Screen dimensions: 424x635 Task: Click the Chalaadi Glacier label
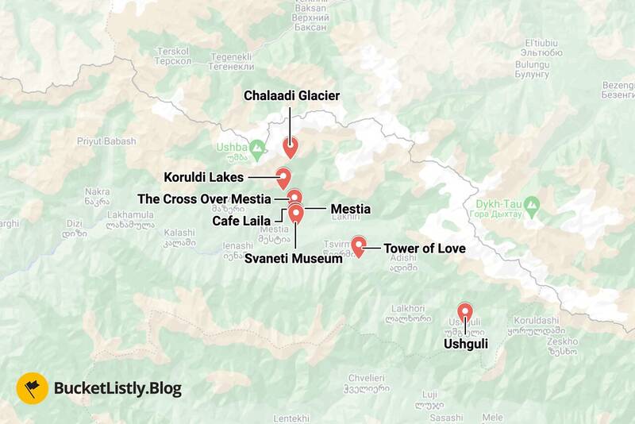[291, 96]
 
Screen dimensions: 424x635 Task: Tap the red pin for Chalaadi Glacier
[290, 146]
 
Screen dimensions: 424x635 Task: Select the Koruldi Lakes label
[203, 177]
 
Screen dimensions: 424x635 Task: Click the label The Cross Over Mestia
[204, 199]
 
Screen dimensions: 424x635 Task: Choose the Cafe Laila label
[241, 220]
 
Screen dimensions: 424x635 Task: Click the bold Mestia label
[350, 209]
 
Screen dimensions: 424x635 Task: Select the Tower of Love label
[424, 249]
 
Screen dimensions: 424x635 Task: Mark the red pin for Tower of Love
[358, 245]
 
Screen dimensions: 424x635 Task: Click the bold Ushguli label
[466, 344]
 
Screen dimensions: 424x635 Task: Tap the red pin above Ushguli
[465, 313]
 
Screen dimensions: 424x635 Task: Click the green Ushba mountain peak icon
[256, 148]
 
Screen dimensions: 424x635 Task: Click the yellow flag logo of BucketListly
[32, 388]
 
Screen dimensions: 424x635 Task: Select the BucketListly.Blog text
[117, 388]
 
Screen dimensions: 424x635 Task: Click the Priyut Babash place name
[106, 141]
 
